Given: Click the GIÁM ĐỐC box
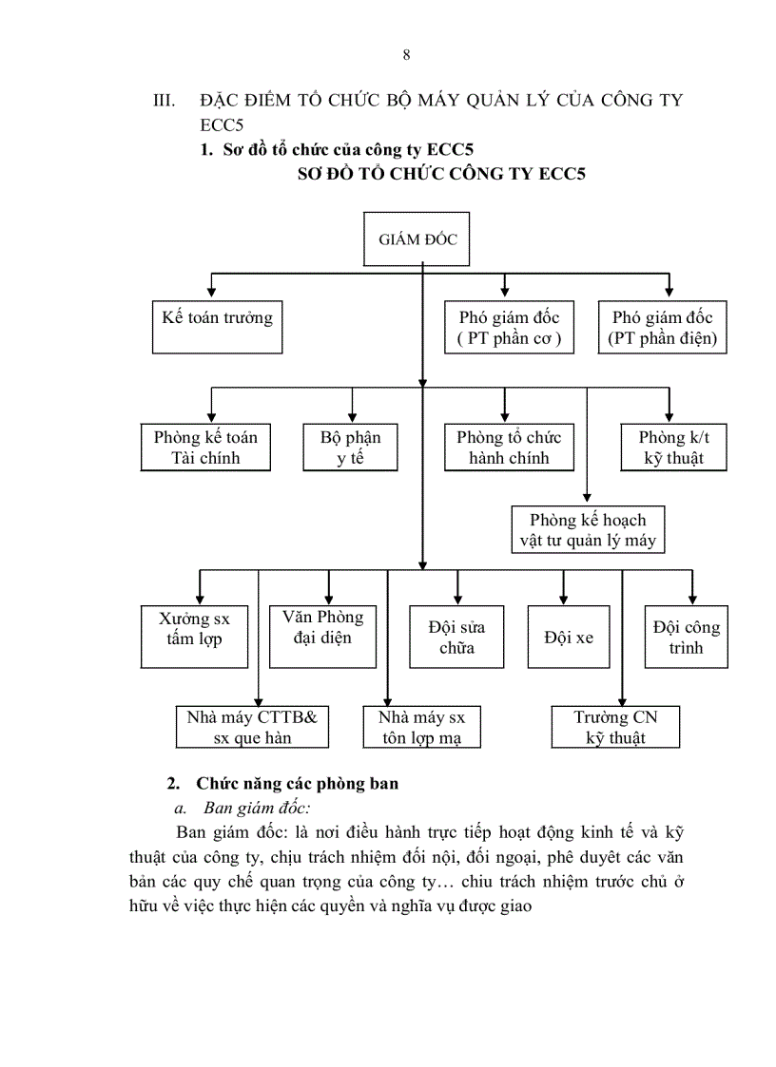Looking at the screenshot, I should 418,239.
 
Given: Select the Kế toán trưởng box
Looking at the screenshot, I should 217,327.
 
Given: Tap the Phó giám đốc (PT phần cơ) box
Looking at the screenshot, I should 509,328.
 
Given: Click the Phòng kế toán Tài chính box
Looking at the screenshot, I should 205,448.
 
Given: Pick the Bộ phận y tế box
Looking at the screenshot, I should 350,448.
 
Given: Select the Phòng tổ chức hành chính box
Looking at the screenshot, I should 509,448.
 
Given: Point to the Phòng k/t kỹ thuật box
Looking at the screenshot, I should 673,448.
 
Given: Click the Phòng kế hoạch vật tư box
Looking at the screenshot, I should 586,530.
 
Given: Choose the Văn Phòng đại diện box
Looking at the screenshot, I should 322,632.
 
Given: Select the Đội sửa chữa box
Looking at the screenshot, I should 456,638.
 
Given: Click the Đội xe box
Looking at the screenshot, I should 569,638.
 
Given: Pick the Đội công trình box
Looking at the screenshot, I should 686,638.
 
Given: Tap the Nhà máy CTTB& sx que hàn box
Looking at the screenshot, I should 252,727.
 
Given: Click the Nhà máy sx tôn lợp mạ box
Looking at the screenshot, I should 422,727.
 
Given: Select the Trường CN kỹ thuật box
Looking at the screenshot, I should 615,727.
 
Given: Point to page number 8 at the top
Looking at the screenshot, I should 407,54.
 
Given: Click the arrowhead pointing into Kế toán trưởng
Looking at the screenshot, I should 210,294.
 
